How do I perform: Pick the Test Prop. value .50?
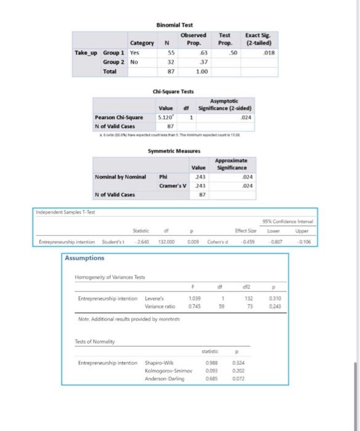pyautogui.click(x=233, y=52)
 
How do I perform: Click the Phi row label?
pyautogui.click(x=163, y=177)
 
